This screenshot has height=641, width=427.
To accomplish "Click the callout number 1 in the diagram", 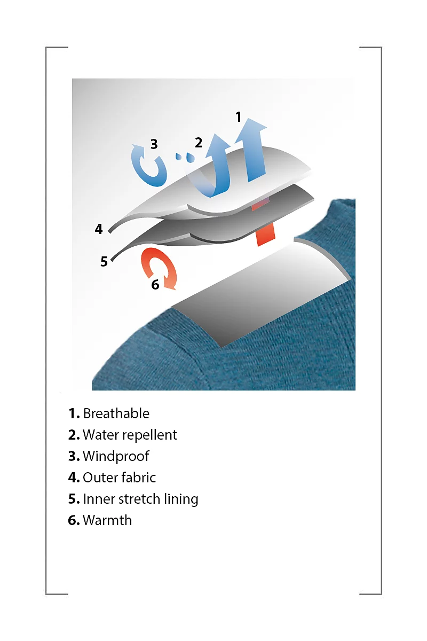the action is (x=238, y=117).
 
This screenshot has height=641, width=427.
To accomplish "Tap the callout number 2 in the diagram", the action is (x=199, y=143).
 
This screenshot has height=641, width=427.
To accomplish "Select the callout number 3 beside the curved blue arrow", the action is (x=154, y=144).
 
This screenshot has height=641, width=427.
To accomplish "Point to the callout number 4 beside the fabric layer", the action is (x=99, y=229).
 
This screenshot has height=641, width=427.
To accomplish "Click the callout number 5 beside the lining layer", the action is (x=104, y=262).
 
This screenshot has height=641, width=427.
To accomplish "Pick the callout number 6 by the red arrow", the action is (x=155, y=284).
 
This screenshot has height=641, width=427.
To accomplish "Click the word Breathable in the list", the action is (x=116, y=413).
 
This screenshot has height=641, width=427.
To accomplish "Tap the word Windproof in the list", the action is (x=116, y=456).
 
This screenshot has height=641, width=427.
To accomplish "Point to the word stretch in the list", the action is (x=139, y=499).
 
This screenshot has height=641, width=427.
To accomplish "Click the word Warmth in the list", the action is (x=107, y=520).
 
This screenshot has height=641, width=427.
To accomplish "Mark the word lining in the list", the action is (x=181, y=499).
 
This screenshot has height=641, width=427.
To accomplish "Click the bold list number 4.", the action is (x=74, y=478).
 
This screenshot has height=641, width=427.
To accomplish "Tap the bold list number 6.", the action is (x=74, y=520).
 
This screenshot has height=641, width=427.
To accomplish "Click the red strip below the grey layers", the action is (x=266, y=234).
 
